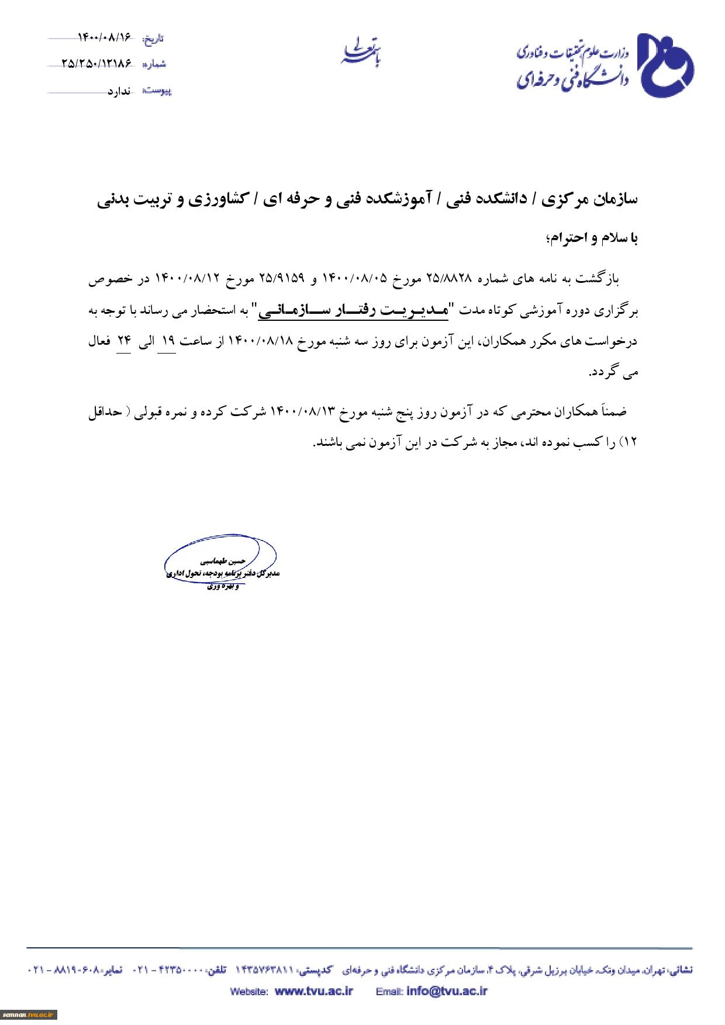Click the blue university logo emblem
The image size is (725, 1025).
665,65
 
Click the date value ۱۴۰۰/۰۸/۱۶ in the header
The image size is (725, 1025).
104,38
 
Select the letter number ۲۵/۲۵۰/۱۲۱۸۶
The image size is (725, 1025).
96,64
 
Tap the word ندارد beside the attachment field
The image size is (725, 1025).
118,91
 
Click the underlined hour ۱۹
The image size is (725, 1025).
168,341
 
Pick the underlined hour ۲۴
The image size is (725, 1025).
125,341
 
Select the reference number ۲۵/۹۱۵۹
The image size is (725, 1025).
281,279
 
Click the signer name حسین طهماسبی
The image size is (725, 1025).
221,560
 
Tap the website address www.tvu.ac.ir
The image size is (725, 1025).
313,991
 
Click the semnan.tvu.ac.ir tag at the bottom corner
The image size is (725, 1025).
28,1015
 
